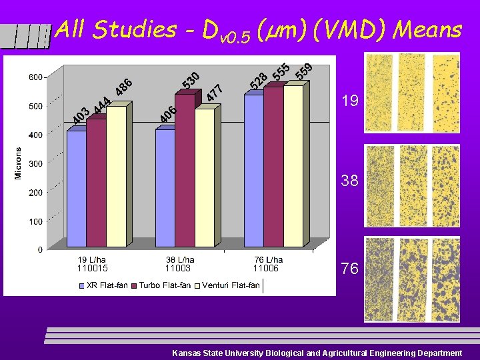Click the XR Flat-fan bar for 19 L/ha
click(77, 190)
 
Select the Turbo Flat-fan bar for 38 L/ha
click(184, 173)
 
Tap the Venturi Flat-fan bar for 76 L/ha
click(293, 167)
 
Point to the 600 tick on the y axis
click(35, 77)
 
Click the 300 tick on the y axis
click(35, 163)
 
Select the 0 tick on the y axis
click(40, 249)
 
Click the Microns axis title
click(18, 163)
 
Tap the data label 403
click(81, 115)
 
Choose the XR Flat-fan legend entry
click(103, 285)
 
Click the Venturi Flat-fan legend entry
click(231, 285)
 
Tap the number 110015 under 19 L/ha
click(92, 268)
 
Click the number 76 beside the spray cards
click(350, 269)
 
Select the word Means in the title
click(427, 29)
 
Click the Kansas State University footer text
click(317, 353)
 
